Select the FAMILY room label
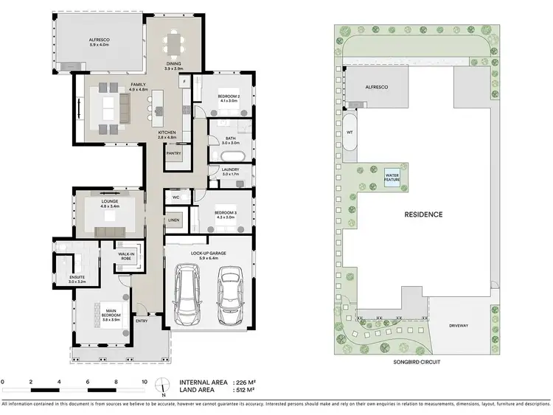tap(138, 86)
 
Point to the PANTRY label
tap(174, 153)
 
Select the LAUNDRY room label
tap(230, 171)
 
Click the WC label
tap(176, 198)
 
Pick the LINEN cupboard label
tap(174, 220)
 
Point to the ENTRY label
tap(142, 321)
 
